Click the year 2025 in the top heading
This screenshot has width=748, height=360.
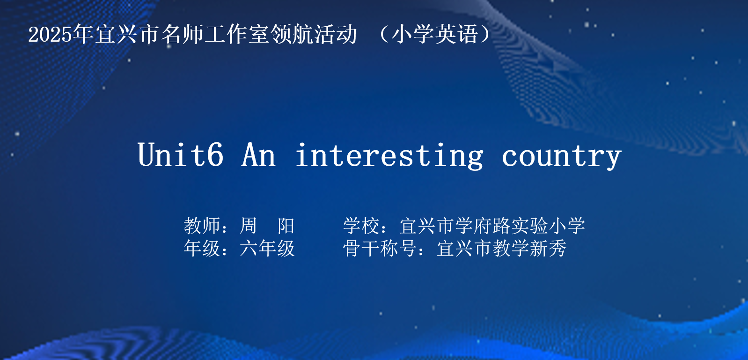50,34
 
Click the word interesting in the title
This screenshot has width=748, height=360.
389,156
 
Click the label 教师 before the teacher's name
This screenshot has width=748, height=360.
202,226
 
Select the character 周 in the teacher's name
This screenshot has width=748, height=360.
248,226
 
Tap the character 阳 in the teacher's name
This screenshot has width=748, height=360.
286,226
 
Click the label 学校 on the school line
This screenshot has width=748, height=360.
361,226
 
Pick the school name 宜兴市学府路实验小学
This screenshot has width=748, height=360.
492,226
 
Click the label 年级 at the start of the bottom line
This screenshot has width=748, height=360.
202,248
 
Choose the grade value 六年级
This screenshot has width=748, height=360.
267,248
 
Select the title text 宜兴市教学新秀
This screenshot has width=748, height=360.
502,248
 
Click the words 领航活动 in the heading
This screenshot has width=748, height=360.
314,34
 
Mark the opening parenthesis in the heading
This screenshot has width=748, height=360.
383,34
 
